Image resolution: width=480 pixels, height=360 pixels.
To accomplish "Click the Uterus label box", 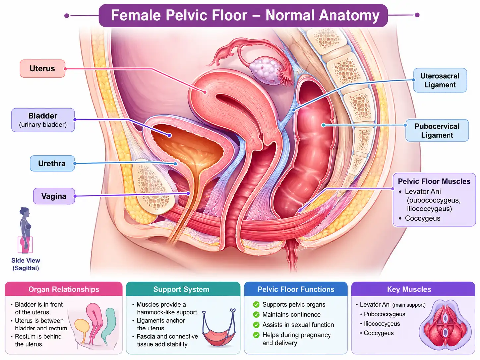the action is point(42,68).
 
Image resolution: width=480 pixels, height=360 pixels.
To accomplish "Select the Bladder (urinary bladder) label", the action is point(43,120).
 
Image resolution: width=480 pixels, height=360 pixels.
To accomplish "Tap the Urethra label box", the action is point(52,163).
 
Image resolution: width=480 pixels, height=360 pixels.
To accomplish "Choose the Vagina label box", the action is point(54,196).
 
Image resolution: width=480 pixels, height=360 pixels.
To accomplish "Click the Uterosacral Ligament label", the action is point(440,80).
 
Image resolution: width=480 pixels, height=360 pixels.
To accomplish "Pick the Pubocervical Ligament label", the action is point(437,131).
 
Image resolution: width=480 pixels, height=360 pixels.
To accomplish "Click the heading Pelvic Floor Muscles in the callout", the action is point(434,181).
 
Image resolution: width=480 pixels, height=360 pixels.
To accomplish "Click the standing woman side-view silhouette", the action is point(25,229).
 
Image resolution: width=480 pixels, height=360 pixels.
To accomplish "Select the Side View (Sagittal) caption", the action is point(26,264).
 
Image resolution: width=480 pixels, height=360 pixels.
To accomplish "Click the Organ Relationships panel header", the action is point(64,289).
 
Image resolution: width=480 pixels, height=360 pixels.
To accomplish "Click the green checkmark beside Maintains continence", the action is point(256,315).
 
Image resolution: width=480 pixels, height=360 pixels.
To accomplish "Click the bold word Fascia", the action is point(146,336).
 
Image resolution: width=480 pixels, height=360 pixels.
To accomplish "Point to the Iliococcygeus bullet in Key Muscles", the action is point(382,324).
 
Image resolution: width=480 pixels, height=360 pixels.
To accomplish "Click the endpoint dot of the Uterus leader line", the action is point(205,92).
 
